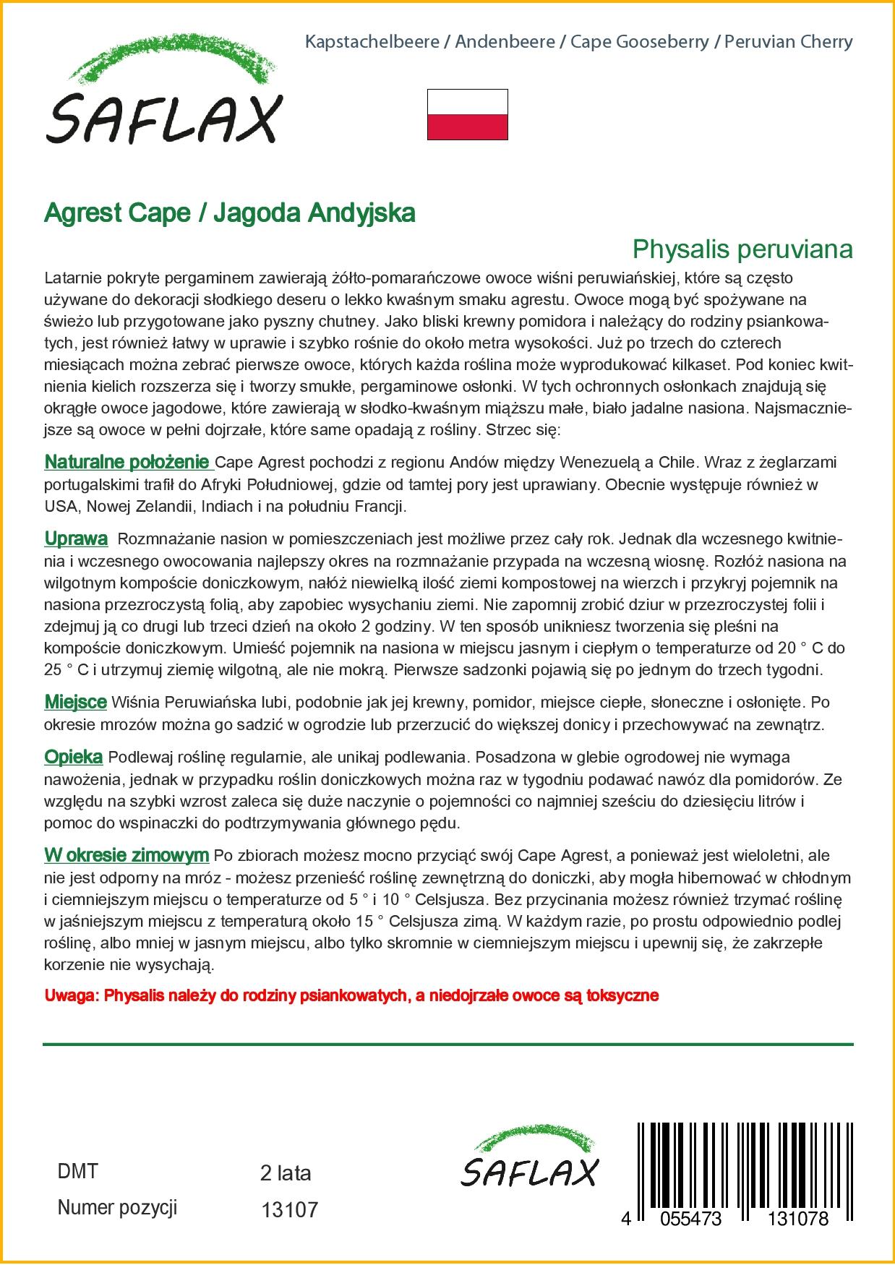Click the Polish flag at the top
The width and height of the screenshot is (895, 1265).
click(x=467, y=114)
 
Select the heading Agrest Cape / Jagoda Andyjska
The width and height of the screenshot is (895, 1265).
click(x=230, y=213)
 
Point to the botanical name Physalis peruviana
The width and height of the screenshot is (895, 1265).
click(x=742, y=249)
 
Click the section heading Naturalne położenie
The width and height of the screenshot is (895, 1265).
click(x=128, y=462)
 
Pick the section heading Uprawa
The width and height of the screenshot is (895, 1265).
click(x=76, y=539)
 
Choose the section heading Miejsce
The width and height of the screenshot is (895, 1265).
click(x=75, y=702)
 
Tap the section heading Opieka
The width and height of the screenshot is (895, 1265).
click(x=73, y=758)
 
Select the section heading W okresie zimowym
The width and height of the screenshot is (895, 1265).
click(x=127, y=856)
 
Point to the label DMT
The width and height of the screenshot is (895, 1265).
click(x=77, y=1172)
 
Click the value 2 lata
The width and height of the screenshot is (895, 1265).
click(x=286, y=1173)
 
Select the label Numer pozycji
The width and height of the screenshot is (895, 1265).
click(x=117, y=1208)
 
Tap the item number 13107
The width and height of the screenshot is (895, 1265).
click(x=288, y=1210)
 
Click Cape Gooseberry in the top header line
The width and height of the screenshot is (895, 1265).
click(x=639, y=42)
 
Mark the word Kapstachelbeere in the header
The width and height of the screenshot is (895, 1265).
click(x=372, y=42)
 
